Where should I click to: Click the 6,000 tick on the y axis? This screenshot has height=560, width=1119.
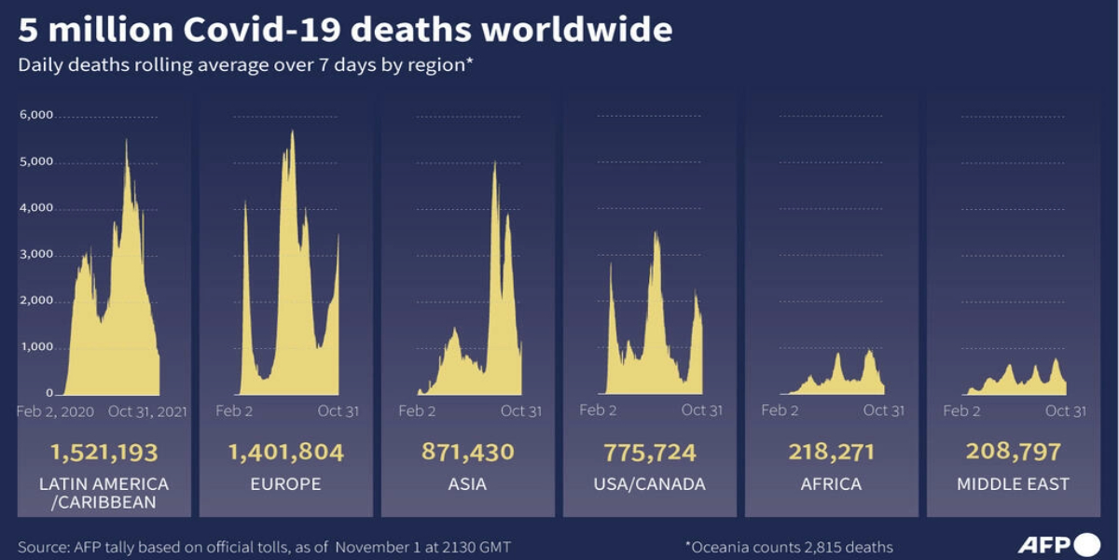(x=38, y=116)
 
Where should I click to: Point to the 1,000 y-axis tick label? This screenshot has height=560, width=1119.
(x=38, y=348)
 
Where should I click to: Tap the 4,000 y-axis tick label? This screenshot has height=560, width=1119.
(x=38, y=209)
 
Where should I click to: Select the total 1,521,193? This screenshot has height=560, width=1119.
(x=104, y=453)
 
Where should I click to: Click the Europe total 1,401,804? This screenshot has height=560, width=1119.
(x=285, y=453)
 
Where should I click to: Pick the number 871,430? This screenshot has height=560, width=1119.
(x=467, y=453)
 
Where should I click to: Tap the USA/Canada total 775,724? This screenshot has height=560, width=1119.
(x=649, y=453)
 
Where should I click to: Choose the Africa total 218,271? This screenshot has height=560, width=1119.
(x=831, y=453)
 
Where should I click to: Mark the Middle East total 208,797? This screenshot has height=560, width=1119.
(x=1013, y=453)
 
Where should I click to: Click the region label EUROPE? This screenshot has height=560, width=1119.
(x=285, y=484)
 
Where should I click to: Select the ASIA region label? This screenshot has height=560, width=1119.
(x=467, y=484)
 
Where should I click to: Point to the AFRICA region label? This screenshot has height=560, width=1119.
(x=831, y=484)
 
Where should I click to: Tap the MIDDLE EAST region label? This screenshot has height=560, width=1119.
(x=1013, y=484)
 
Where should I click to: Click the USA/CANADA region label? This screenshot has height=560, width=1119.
(x=649, y=484)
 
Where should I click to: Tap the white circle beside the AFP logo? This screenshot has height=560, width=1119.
(x=1087, y=545)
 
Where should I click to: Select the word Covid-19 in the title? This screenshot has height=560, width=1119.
(x=260, y=31)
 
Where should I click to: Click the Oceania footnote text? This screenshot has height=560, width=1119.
(x=789, y=547)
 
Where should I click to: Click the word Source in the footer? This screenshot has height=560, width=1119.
(x=40, y=547)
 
